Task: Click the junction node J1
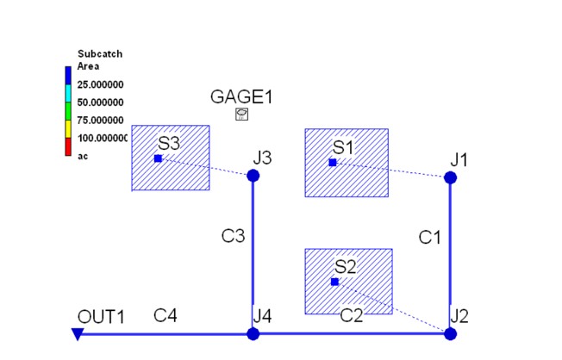[450, 177]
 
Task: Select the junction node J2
[450, 334]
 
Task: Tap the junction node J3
[253, 176]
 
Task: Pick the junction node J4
[253, 334]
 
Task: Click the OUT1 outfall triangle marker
[78, 334]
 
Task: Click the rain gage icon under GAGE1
[241, 115]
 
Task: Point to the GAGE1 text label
[241, 96]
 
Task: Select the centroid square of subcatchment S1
[333, 163]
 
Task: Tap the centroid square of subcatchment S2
[334, 282]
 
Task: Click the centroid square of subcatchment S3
[158, 158]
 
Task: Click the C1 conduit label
[429, 237]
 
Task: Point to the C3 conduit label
[233, 236]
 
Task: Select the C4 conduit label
[165, 315]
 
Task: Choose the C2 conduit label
[352, 315]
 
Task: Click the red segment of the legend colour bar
[68, 147]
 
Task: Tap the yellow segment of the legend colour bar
[68, 129]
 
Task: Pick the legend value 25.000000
[100, 84]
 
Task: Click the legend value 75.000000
[100, 120]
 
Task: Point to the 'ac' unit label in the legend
[83, 156]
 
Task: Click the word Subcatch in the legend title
[100, 53]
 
